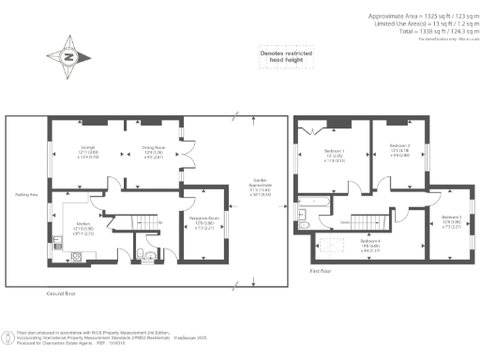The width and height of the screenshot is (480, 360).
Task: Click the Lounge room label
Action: point(88,148)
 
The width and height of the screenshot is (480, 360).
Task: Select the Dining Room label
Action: point(153,148)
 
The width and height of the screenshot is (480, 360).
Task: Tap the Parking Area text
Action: point(26,195)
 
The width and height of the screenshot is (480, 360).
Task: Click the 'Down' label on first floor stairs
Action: point(346,222)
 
